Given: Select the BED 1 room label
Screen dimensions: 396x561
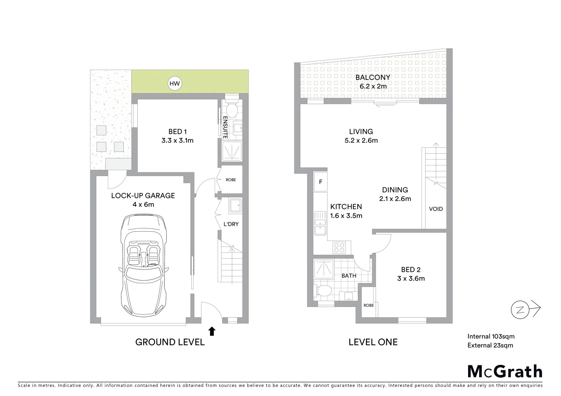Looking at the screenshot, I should coord(177,132).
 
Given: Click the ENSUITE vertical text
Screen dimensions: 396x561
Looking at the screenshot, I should coord(225,127).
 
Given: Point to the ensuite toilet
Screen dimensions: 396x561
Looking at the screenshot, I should coord(232,109).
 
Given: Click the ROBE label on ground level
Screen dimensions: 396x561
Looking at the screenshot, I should coord(231,180).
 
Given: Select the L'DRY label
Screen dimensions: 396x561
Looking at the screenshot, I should coord(231,224).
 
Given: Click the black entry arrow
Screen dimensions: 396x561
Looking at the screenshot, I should coord(212,331).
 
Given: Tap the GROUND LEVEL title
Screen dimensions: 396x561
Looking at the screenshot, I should coord(170,342).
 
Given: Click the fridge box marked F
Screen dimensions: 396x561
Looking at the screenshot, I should coord(321,182).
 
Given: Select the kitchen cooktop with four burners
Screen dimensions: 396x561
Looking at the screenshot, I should coord(340,248).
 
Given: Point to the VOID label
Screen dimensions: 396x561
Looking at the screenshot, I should coord(436,209).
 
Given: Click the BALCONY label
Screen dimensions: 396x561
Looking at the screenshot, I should coord(373,78).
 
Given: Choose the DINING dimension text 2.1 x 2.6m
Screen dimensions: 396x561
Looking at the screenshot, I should coord(395,199).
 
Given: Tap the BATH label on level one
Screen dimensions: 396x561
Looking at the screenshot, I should coord(349,276).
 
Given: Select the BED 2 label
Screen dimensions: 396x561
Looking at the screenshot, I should coord(410,270).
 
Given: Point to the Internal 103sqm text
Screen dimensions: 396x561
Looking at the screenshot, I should coord(491,336).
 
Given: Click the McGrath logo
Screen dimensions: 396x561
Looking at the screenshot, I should coord(505,371).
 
